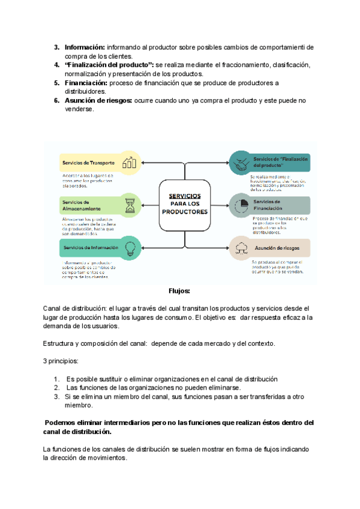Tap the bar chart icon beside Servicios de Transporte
point(129,163)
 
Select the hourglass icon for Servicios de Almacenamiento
point(129,205)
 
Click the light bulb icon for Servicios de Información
point(129,247)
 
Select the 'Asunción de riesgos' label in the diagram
point(278,247)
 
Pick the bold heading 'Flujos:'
point(179,291)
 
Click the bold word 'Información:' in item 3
point(85,47)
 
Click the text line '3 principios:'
point(61,361)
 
